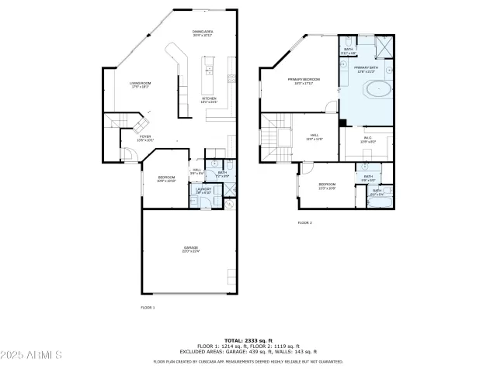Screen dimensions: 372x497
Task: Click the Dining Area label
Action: point(203,33)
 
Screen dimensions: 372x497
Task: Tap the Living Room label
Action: point(140,85)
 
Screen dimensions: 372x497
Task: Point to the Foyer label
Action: point(145,138)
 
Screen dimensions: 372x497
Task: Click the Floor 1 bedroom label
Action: point(166,178)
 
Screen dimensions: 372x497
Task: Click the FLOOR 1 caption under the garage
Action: point(148,308)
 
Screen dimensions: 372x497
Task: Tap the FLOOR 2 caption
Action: point(304,222)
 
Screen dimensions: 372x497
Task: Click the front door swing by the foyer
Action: point(128,155)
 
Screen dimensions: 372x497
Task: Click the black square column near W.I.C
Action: point(342,122)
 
